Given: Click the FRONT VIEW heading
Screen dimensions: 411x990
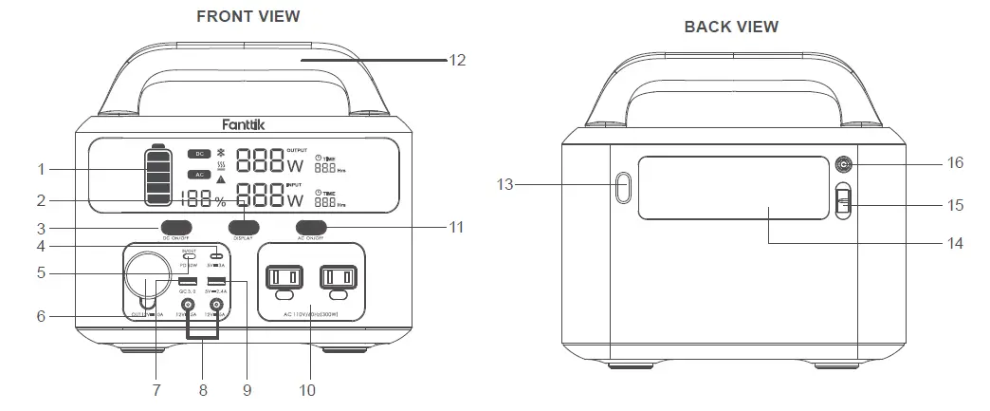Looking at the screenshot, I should (247, 16).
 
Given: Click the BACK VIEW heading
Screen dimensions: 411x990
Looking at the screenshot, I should (731, 27).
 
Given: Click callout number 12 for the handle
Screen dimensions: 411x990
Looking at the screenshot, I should (457, 59).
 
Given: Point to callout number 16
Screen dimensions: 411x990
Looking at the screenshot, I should (954, 163).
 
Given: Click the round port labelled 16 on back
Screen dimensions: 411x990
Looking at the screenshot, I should (841, 164).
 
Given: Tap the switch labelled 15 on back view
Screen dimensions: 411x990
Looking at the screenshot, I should (842, 203).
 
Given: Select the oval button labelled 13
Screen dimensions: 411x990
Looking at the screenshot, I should (622, 187).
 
